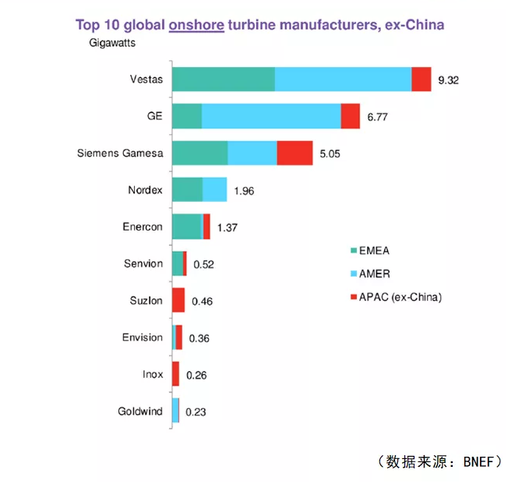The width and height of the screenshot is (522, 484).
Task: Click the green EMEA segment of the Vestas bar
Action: [223, 79]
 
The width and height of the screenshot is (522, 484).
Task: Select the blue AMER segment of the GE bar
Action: [271, 116]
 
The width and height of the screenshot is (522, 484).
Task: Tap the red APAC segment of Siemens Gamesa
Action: [295, 153]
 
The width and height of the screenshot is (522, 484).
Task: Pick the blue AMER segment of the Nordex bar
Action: [214, 189]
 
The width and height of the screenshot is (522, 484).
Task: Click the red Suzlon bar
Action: [178, 300]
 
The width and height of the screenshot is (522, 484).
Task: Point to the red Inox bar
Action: [175, 374]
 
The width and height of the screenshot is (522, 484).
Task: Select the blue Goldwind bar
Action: [175, 411]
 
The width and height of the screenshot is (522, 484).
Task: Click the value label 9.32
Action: [449, 80]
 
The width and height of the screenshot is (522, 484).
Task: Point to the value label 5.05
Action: [330, 154]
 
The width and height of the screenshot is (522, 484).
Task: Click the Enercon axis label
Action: [143, 227]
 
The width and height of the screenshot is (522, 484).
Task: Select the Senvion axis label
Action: [143, 263]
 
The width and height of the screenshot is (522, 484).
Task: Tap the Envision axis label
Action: [143, 337]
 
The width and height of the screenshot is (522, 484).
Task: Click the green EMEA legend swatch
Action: [354, 250]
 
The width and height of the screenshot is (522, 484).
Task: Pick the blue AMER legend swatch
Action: [354, 274]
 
